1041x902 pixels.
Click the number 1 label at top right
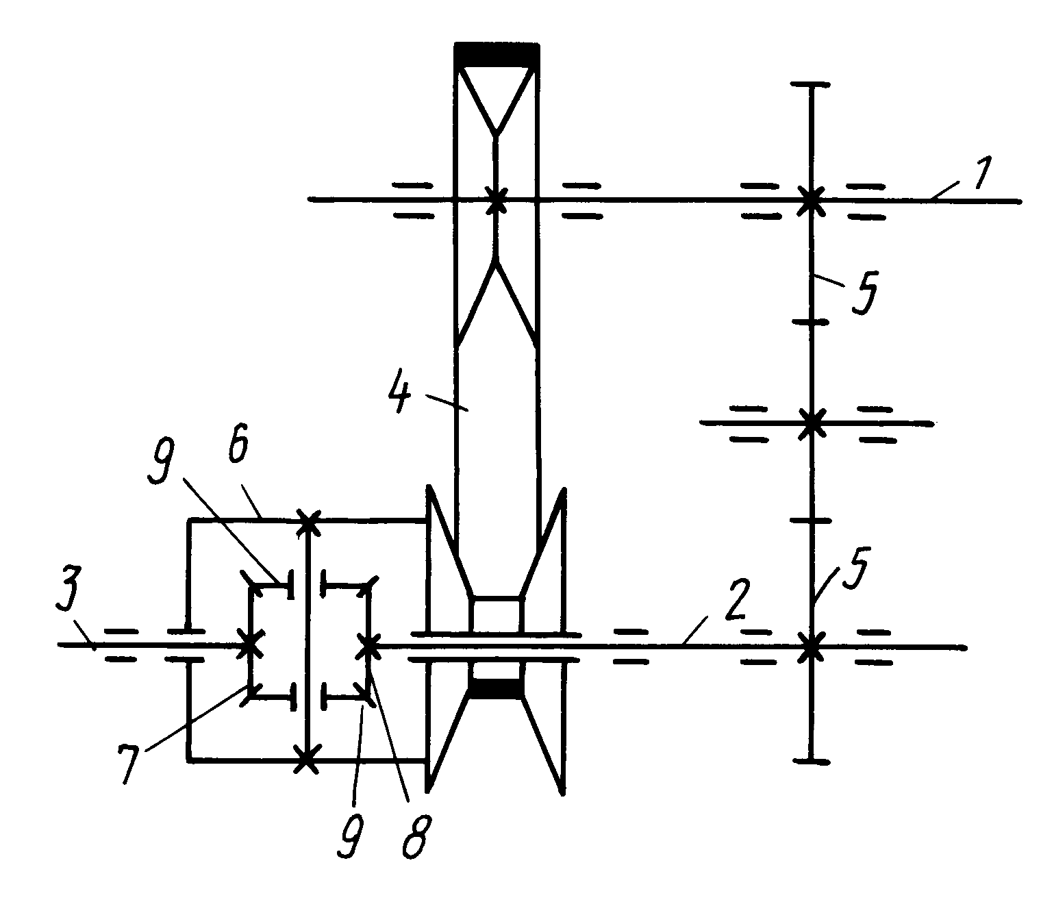982,173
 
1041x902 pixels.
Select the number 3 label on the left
69,592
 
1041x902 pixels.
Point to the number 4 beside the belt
401,391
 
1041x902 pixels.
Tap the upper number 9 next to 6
161,460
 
